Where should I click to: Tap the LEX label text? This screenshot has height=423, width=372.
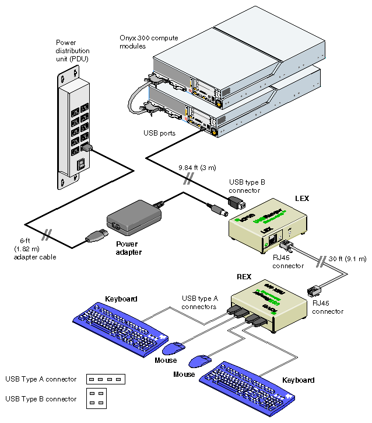[302, 199]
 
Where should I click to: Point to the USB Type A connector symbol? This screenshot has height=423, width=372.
[107, 379]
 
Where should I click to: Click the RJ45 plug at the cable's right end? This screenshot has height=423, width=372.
[313, 289]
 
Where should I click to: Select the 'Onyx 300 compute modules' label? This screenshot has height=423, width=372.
[149, 42]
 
